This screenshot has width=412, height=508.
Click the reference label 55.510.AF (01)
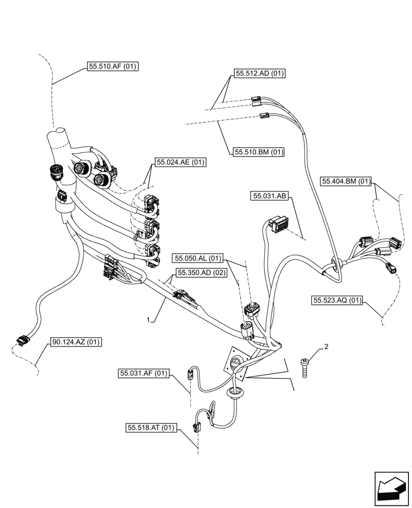click(x=113, y=66)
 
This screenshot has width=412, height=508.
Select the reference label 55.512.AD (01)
click(x=260, y=73)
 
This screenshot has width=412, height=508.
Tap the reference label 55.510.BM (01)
click(x=259, y=151)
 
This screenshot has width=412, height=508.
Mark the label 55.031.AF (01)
click(x=144, y=373)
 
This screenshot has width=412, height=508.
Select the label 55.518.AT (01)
click(x=151, y=428)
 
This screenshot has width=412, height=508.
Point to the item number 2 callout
click(x=326, y=347)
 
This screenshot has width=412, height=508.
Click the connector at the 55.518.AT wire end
click(x=196, y=427)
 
